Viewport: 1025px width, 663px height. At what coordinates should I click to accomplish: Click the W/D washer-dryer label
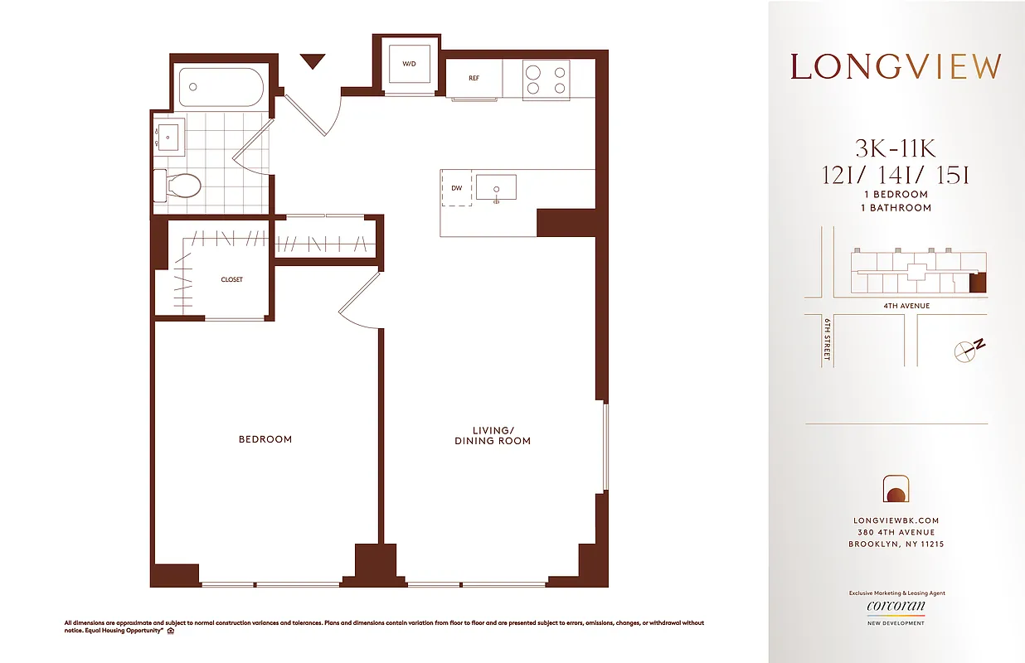[x=409, y=64]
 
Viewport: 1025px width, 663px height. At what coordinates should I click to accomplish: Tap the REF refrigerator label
[x=474, y=79]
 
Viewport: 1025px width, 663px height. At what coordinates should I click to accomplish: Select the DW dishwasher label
[x=456, y=189]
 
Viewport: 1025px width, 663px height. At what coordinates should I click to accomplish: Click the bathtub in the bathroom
[x=221, y=86]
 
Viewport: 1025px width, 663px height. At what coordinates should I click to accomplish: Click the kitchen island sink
[x=496, y=187]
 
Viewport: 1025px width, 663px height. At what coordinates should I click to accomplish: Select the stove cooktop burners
[x=546, y=79]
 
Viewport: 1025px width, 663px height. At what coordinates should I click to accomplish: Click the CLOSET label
[x=232, y=280]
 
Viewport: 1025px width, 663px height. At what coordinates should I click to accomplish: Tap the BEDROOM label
[x=265, y=439]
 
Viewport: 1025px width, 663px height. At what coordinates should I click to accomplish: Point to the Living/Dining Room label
[x=492, y=435]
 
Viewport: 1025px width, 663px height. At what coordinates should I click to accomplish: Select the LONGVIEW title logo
[x=896, y=67]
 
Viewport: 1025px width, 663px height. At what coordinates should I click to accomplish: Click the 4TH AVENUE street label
[x=906, y=306]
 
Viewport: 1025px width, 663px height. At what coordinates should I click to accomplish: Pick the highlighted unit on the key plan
[x=979, y=283]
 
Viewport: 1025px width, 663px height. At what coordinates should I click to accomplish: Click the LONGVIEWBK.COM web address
[x=896, y=520]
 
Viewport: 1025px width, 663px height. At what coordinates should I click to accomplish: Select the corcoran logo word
[x=896, y=607]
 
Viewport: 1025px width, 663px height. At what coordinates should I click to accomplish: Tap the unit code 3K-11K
[x=896, y=149]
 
